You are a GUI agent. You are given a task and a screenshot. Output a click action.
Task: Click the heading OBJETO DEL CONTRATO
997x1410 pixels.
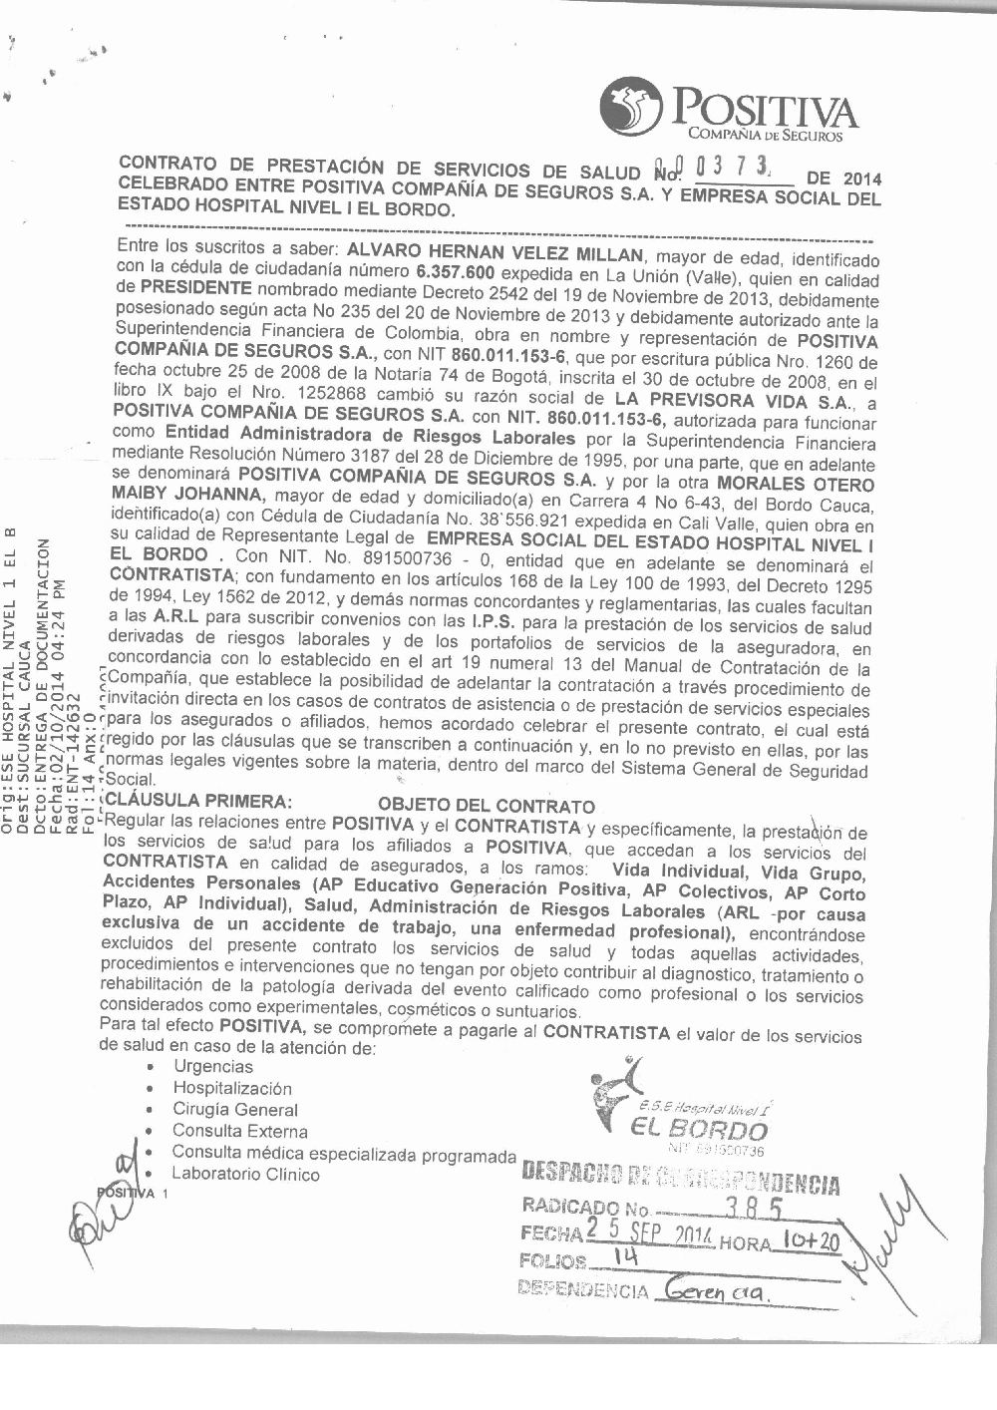click(x=487, y=806)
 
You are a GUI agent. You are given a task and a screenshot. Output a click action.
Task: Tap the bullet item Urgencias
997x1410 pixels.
click(x=212, y=1067)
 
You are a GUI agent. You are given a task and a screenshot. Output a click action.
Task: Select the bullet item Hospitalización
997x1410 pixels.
click(x=232, y=1089)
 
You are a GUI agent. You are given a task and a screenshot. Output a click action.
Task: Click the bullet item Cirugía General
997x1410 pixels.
click(x=234, y=1110)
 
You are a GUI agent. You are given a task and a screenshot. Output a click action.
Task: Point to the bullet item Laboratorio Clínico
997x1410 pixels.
click(x=245, y=1175)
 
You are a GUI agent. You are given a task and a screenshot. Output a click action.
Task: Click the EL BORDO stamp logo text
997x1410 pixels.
click(x=699, y=1130)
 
